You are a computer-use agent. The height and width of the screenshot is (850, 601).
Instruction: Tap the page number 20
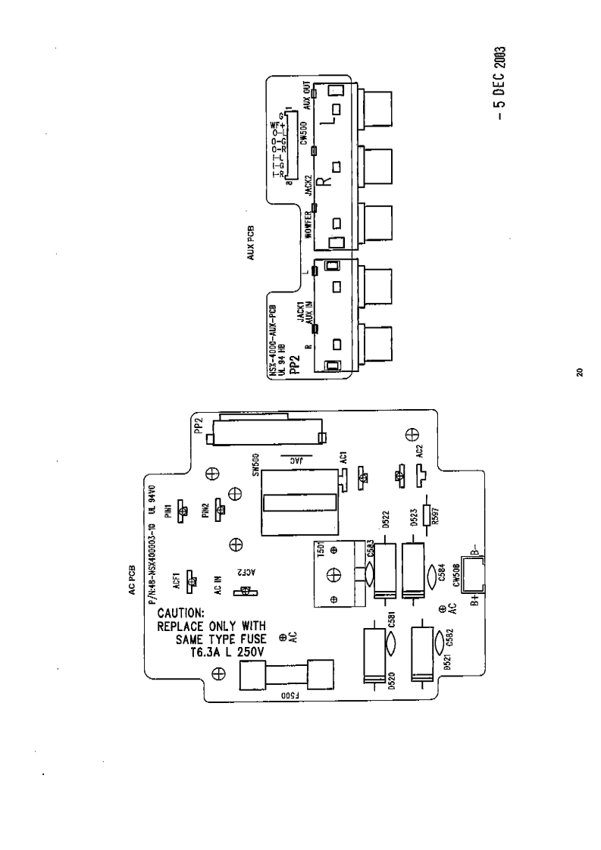pyautogui.click(x=578, y=371)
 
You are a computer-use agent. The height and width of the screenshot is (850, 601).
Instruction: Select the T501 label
pyautogui.click(x=322, y=551)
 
